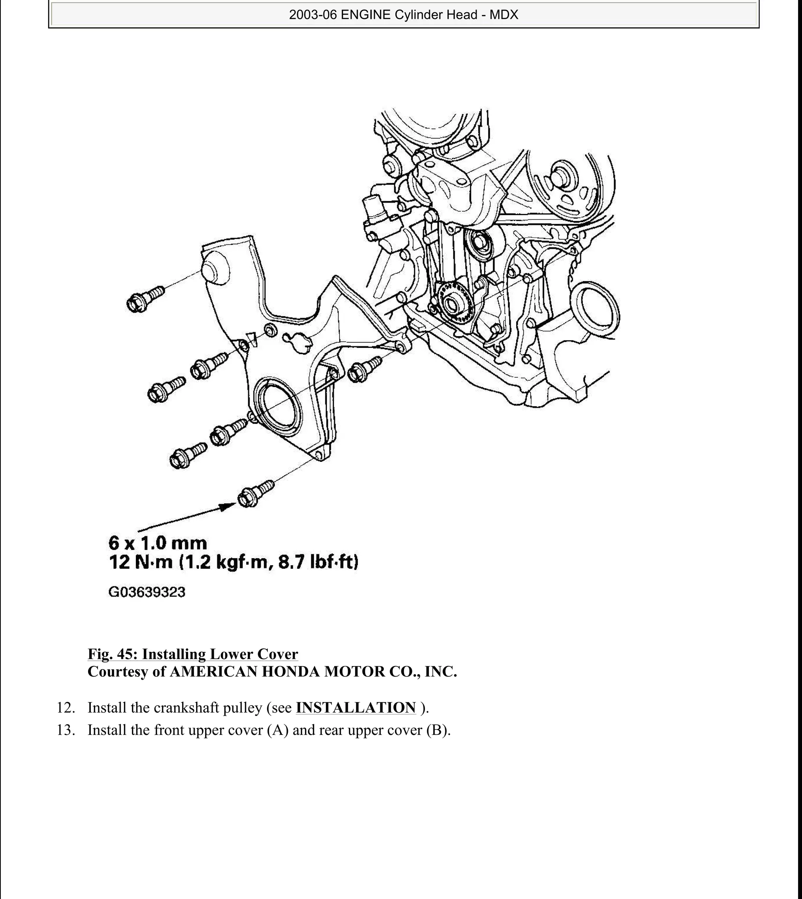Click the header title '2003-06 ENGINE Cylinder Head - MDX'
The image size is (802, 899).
tap(403, 15)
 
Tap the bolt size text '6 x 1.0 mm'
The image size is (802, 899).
tap(157, 543)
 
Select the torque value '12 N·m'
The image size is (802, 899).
tap(141, 563)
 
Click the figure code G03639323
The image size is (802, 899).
tap(147, 592)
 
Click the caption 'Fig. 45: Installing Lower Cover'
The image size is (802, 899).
tap(193, 654)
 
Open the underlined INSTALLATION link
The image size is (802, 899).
tap(356, 707)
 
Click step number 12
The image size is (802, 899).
tap(65, 708)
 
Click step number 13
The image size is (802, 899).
tap(65, 730)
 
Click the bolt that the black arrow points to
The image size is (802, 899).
tap(255, 494)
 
